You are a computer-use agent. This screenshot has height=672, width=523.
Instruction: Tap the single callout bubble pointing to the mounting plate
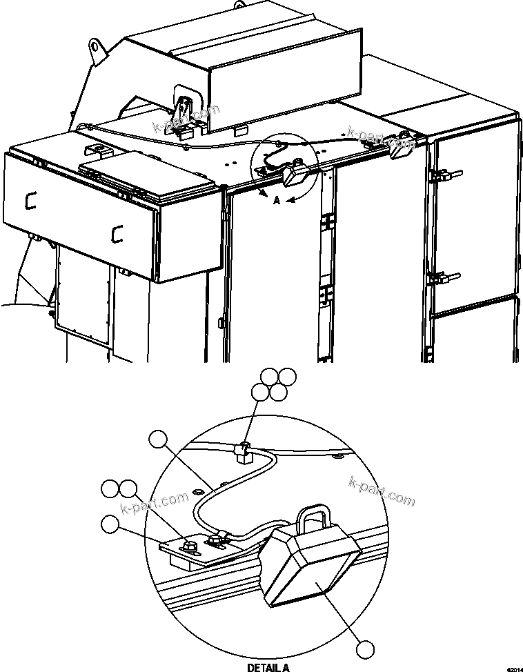(110, 524)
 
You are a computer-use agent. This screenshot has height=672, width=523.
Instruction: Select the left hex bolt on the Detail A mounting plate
(186, 546)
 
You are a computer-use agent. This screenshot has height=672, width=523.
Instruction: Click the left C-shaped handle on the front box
(30, 200)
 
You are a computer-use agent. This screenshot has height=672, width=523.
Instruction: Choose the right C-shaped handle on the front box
(117, 234)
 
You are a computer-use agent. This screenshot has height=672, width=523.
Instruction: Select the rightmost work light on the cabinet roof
(403, 147)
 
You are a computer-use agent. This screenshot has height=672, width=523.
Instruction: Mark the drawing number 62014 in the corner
(513, 669)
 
